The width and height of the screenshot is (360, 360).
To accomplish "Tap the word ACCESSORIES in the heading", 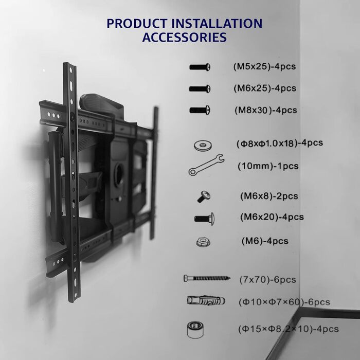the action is (184, 37).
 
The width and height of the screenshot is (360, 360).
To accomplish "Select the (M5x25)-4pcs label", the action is (264, 66).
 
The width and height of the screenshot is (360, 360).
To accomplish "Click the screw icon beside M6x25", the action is (200, 89).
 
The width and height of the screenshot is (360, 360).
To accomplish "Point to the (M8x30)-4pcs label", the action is (266, 110).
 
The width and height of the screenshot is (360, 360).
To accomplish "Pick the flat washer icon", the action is (203, 146).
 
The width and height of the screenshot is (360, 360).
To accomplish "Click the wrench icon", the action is (206, 165).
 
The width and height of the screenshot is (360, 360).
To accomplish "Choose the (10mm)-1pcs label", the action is (268, 166).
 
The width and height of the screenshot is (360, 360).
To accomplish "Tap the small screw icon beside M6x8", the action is (204, 197).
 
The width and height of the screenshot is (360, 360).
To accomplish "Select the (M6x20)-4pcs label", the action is (272, 217).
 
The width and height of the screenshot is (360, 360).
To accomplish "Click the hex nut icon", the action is (203, 242).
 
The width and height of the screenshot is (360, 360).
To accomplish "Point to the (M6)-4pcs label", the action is (265, 241).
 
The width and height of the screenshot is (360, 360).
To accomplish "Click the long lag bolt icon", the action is (207, 279).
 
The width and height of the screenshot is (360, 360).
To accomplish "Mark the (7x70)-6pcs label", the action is (268, 280).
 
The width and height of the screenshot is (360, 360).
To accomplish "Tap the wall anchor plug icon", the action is (206, 300).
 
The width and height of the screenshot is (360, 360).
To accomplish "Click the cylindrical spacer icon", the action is (195, 330).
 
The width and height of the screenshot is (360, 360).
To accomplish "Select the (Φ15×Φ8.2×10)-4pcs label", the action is (289, 329).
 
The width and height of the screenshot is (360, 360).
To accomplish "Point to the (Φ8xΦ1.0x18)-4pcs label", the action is (280, 143).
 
